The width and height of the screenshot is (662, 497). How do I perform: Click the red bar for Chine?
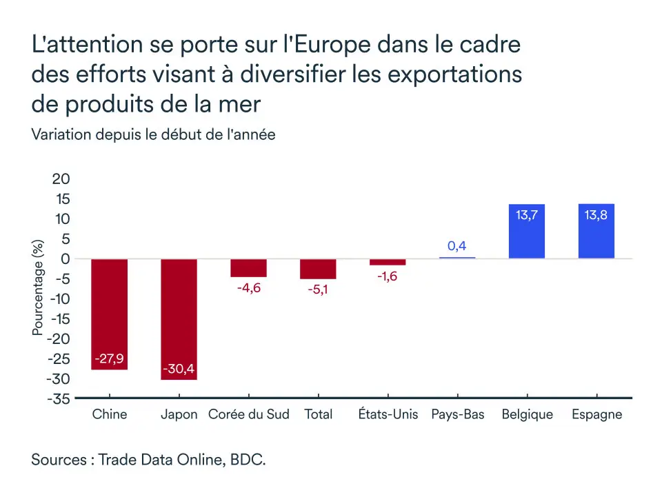tap(109, 314)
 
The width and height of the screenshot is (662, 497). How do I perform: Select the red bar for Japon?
tap(179, 318)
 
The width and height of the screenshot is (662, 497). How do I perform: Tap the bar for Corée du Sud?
tap(248, 267)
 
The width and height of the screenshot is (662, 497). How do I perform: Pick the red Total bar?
tap(318, 269)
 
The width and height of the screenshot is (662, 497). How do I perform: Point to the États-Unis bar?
tap(388, 262)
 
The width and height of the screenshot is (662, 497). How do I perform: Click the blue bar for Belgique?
tap(527, 232)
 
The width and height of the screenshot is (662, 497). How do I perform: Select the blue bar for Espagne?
tap(596, 232)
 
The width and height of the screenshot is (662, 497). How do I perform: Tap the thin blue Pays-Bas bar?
tap(457, 258)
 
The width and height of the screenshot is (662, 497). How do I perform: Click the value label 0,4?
tap(457, 246)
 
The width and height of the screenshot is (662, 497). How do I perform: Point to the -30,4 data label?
tap(179, 368)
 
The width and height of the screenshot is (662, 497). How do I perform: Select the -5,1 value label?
tap(318, 290)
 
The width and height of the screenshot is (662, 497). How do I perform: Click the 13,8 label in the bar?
tap(596, 215)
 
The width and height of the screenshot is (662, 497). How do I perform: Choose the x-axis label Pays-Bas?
tap(457, 414)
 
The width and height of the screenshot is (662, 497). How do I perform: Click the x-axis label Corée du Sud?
tap(248, 414)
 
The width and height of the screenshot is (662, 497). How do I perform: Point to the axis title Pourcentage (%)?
tap(38, 287)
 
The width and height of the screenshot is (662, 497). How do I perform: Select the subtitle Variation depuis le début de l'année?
tap(153, 134)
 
